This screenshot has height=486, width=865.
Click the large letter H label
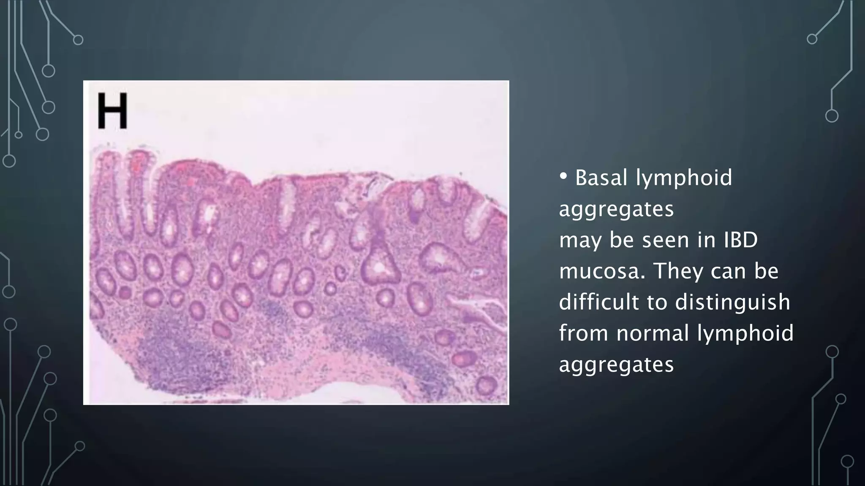point(112,111)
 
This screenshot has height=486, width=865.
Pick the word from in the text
point(584,333)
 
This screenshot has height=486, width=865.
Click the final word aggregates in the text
point(616,364)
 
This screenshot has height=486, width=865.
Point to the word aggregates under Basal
point(616,209)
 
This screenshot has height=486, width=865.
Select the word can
point(727,271)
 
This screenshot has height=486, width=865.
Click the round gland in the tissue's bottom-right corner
point(486,385)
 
